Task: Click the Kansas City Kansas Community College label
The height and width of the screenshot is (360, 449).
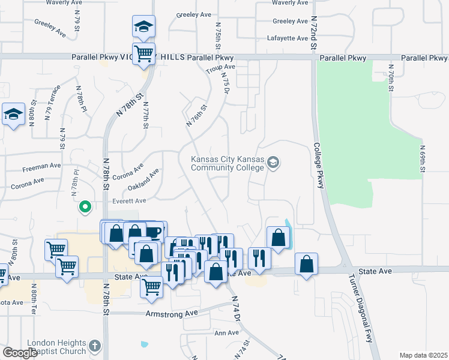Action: point(227,163)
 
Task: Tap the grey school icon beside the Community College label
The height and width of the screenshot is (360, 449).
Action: point(274,162)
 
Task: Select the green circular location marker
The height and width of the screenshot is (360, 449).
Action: point(85,208)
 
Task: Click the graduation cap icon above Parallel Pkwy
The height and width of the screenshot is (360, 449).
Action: point(143,27)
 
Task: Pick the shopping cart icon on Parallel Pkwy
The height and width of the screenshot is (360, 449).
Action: point(143,54)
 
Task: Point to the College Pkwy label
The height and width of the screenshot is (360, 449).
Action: point(318,166)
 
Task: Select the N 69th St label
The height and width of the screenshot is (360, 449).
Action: point(423,159)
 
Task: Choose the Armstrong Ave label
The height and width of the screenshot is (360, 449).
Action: point(172,313)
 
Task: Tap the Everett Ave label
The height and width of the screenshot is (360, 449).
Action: point(129,201)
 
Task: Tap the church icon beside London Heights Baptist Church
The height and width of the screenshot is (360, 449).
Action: point(94,346)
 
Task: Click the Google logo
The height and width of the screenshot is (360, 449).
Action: point(19,353)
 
